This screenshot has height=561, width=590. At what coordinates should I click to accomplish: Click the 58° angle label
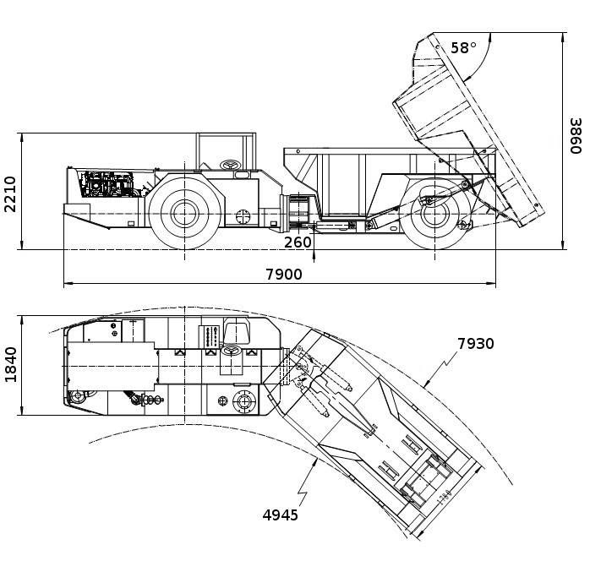pos(463,48)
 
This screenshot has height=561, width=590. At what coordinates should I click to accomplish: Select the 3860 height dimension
pos(575,135)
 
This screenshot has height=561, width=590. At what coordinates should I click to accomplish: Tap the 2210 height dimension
pos(9,193)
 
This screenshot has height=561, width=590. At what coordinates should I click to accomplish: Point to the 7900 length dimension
pos(283,274)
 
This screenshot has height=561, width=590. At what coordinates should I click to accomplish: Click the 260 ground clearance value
pos(298,242)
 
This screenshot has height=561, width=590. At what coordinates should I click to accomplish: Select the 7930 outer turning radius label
pos(475,344)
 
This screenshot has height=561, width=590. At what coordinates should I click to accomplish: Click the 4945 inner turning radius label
pos(280,515)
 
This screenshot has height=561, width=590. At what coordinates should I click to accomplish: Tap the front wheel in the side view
pos(184,212)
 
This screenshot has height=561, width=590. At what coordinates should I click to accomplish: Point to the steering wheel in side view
pos(229,164)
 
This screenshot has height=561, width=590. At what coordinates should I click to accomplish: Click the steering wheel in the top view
pos(230,349)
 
